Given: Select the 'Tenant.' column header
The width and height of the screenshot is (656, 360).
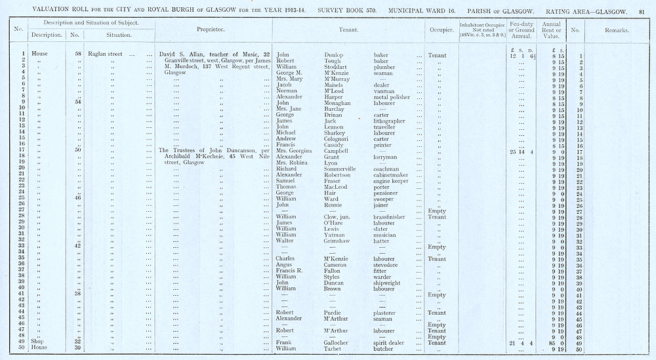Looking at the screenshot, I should (x=348, y=30).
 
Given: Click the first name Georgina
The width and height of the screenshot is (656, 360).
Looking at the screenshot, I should (x=297, y=151).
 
